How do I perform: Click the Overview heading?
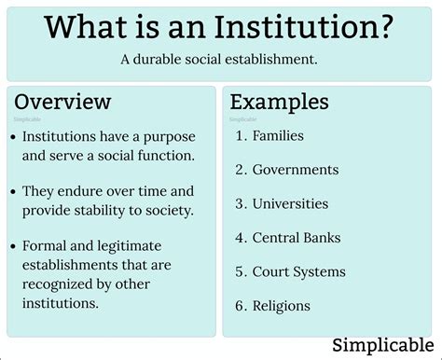pyautogui.click(x=62, y=102)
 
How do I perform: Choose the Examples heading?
pyautogui.click(x=280, y=102)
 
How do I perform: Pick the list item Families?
pyautogui.click(x=278, y=136)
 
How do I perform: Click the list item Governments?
pyautogui.click(x=296, y=170)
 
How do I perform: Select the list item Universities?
pyautogui.click(x=290, y=203)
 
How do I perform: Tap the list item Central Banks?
pyautogui.click(x=297, y=238)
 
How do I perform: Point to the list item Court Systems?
pyautogui.click(x=298, y=271)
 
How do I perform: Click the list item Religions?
pyautogui.click(x=281, y=306)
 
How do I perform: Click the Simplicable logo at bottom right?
pyautogui.click(x=382, y=346)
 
